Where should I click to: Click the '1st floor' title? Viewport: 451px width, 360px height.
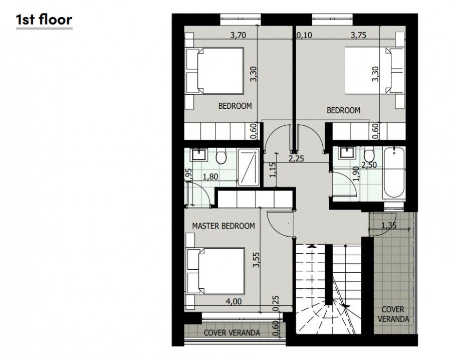(x=44, y=20)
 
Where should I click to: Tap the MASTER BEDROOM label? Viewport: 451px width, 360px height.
(x=223, y=226)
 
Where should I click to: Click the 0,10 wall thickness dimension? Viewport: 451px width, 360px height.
(x=304, y=35)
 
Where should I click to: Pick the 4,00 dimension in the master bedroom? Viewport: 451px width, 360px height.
(x=234, y=301)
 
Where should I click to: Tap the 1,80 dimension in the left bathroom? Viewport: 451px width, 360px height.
(x=211, y=176)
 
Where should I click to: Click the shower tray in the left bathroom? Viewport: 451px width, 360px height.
(x=248, y=167)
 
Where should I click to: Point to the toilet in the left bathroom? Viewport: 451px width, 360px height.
(x=220, y=157)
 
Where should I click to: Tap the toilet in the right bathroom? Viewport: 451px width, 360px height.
(x=369, y=155)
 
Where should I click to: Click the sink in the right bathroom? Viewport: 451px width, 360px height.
(x=346, y=152)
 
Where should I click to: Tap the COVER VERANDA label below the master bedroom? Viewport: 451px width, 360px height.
(x=232, y=332)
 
